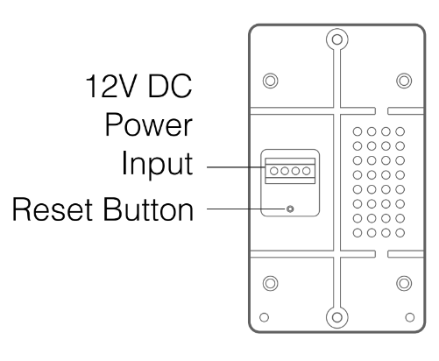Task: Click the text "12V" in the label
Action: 110,86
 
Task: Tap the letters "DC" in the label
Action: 170,86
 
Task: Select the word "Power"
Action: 149,125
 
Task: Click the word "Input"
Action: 157,163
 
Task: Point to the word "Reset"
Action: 53,209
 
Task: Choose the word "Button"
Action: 148,209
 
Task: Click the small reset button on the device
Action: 290,209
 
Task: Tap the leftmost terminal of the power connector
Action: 273,171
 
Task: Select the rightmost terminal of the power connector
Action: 307,171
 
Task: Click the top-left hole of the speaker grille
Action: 358,131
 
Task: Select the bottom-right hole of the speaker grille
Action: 400,233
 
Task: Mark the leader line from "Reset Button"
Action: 246,209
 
